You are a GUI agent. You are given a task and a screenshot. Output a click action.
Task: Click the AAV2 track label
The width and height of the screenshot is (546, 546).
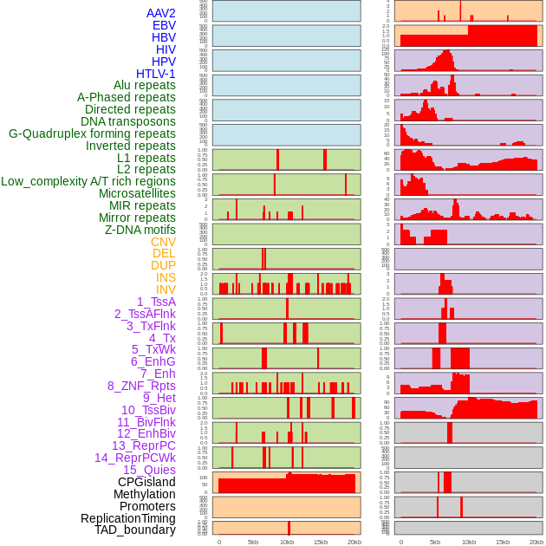160,13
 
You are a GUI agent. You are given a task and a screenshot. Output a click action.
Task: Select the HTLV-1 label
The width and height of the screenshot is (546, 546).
155,74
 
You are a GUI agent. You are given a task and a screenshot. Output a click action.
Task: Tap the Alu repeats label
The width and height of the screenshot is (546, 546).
144,85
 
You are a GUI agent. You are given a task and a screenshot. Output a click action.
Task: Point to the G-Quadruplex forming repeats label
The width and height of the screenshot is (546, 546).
92,133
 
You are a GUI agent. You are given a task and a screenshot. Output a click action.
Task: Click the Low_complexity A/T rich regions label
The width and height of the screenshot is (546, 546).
88,181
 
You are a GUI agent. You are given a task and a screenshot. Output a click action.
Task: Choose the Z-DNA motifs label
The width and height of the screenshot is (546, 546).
140,230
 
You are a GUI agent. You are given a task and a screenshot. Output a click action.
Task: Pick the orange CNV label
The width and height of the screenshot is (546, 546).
163,242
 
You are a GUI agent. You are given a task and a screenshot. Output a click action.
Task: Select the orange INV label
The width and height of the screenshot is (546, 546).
166,289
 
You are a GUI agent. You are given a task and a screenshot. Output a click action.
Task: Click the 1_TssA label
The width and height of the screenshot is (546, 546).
156,302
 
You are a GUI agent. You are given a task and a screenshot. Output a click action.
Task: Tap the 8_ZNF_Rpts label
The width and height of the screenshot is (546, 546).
141,386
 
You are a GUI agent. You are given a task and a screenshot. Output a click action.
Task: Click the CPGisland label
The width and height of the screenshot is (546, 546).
146,482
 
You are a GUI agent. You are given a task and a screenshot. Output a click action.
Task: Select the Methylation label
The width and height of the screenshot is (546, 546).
145,494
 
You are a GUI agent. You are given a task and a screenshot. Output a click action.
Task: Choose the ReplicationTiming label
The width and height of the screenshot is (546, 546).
127,518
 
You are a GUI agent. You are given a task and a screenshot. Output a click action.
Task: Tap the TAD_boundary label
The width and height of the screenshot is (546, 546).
135,530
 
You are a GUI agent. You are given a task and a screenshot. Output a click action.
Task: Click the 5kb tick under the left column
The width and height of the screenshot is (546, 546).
253,542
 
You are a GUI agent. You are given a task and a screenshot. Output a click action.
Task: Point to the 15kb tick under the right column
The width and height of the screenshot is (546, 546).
502,542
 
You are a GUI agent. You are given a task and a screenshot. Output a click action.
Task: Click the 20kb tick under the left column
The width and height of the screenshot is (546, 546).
354,542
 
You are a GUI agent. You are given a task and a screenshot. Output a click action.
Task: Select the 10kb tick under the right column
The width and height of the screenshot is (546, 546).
468,542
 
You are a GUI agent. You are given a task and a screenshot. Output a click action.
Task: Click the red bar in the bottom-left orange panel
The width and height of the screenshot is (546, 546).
289,527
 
